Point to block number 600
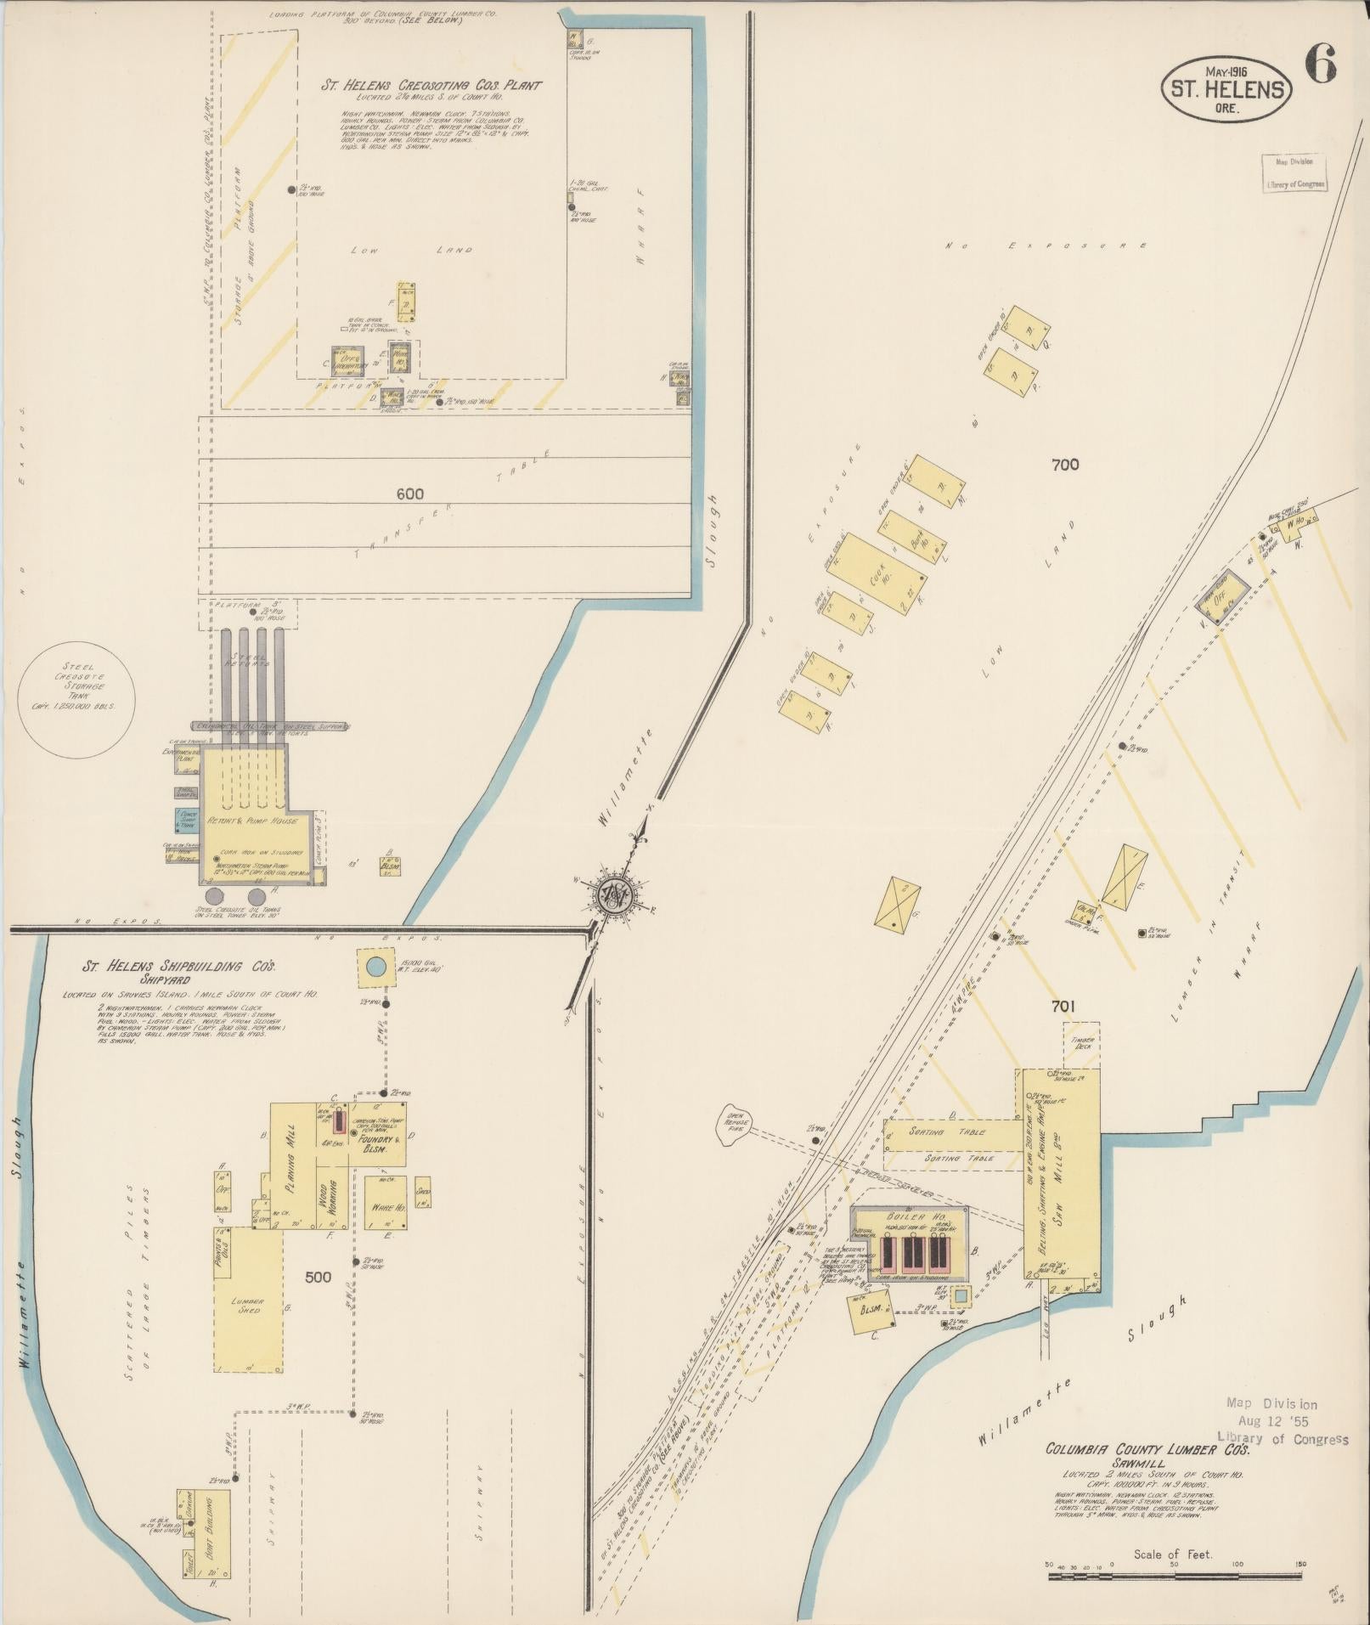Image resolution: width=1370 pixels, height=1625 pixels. pos(409,494)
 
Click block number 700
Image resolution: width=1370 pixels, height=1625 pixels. pos(1064,465)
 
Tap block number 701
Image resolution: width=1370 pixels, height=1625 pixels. pos(1063,1007)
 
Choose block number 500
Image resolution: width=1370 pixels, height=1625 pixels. pos(319,1276)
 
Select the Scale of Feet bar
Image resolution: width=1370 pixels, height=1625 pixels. pos(1175,1577)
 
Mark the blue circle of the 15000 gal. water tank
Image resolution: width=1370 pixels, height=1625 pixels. pos(375,966)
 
